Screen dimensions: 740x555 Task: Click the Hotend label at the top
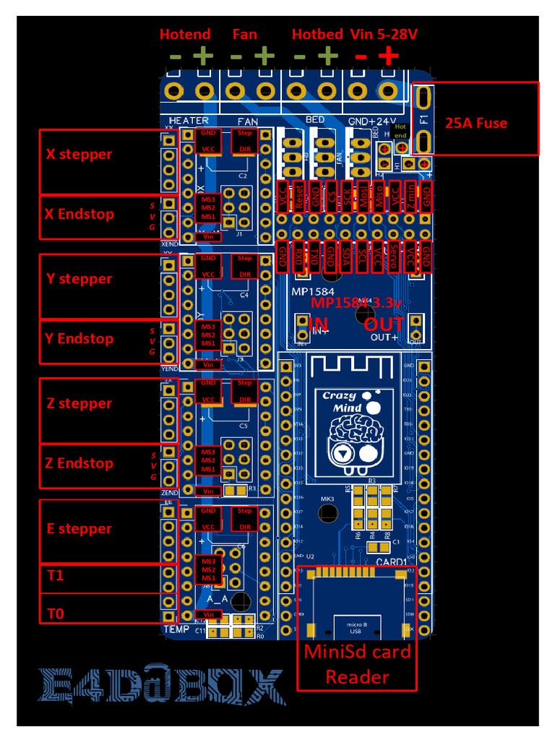click(185, 34)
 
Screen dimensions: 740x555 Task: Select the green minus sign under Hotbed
click(299, 56)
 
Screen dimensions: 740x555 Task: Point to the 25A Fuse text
click(476, 123)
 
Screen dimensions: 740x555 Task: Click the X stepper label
click(79, 154)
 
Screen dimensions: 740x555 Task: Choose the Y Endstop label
click(79, 338)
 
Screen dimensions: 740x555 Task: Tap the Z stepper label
click(79, 403)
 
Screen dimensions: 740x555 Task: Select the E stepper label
click(79, 528)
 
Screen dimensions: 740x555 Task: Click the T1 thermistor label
click(56, 575)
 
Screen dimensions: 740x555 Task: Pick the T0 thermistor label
click(56, 614)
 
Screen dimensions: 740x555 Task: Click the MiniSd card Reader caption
click(357, 664)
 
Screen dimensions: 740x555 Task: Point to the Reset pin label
click(298, 197)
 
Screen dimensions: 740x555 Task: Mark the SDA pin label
click(346, 258)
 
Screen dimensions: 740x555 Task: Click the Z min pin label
click(410, 197)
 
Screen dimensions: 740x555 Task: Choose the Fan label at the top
click(244, 34)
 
